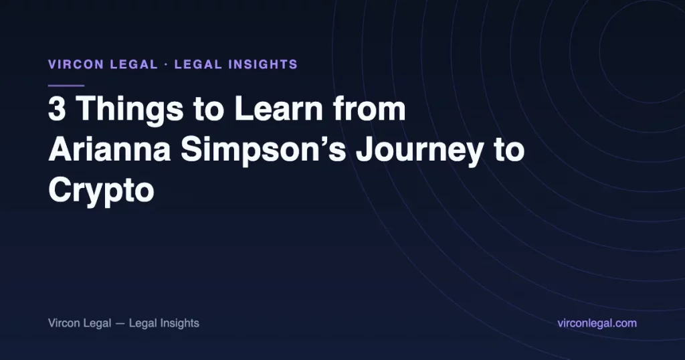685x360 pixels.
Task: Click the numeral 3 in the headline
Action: [x=58, y=108]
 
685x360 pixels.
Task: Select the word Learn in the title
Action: [x=278, y=108]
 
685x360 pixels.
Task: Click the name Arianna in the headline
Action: [x=110, y=149]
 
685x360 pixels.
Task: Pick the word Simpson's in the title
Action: [x=264, y=151]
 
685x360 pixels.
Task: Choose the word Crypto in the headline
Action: [x=102, y=191]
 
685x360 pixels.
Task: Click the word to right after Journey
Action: [x=509, y=150]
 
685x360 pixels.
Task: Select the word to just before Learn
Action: [x=209, y=109]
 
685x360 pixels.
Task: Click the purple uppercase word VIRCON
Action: [x=76, y=65]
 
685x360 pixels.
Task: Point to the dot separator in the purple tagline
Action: [x=166, y=65]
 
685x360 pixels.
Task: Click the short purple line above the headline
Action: [x=66, y=86]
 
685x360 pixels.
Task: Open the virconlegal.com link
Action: [x=597, y=323]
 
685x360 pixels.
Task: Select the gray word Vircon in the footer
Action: [x=64, y=323]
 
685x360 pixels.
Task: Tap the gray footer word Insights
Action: [x=179, y=324]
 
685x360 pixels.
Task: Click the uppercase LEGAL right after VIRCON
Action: [x=134, y=65]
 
